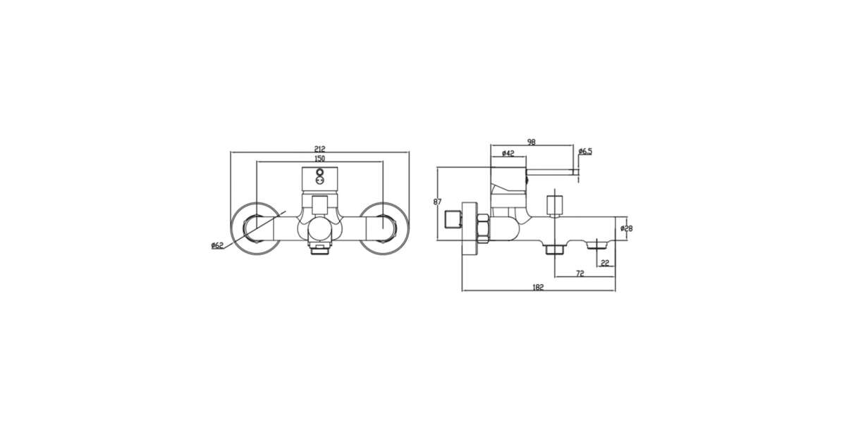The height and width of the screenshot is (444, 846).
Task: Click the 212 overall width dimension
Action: (319, 149)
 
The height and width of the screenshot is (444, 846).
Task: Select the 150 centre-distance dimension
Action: (319, 159)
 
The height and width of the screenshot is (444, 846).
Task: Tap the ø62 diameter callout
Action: (218, 246)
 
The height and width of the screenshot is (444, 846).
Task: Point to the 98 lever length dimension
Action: (532, 142)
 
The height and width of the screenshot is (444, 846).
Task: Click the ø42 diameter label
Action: (508, 154)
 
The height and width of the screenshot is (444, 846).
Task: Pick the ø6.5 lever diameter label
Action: (585, 152)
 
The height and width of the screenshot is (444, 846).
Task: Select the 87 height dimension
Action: (437, 202)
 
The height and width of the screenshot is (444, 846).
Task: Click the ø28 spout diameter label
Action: (627, 228)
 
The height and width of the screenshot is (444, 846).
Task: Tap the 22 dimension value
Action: (605, 263)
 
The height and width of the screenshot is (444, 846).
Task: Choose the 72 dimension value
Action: (580, 273)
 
